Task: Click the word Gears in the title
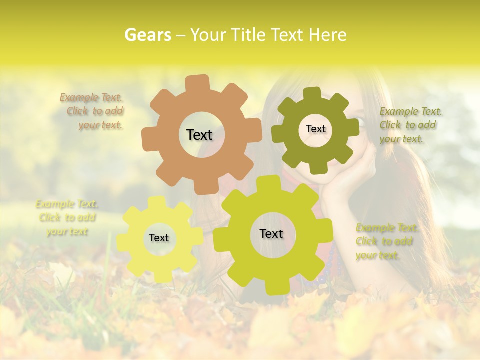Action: [147, 35]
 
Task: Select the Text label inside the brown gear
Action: [199, 135]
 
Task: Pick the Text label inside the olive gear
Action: [315, 129]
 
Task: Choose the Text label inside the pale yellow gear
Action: [159, 238]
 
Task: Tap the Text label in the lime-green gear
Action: [271, 234]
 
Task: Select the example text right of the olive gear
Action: [410, 125]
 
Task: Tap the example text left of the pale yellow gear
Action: [67, 218]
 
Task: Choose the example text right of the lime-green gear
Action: [386, 242]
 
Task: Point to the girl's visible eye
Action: [361, 120]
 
